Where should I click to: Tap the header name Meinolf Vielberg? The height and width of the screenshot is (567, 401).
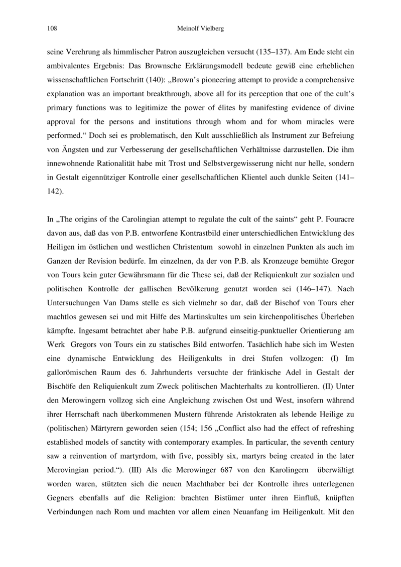(200, 29)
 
